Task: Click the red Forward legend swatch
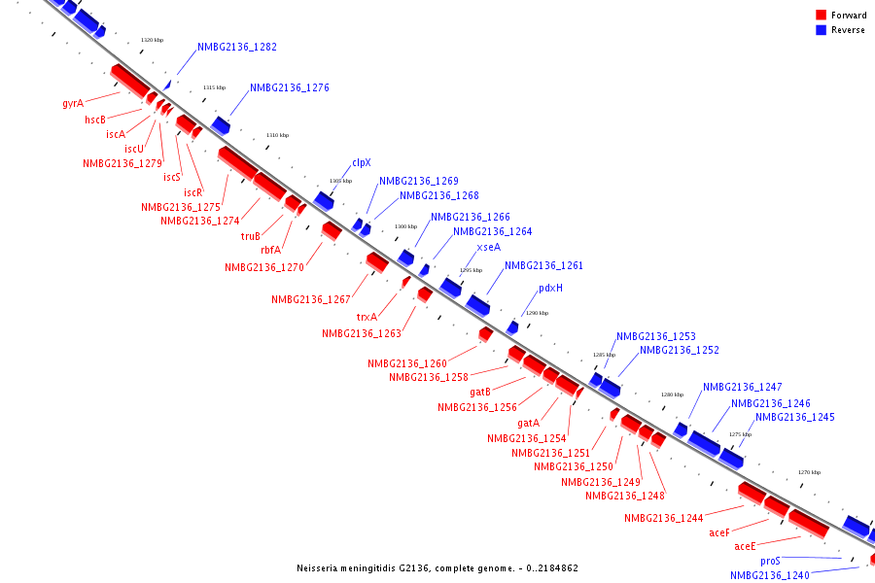(821, 16)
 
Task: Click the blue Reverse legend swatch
(821, 30)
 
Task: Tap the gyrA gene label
(73, 103)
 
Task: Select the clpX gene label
(362, 163)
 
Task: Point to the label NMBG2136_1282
(237, 47)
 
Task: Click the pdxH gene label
(550, 289)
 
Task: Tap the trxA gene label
(367, 317)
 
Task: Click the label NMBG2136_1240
(770, 575)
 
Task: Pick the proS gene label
(771, 561)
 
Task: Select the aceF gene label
(719, 532)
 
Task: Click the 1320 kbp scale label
(152, 40)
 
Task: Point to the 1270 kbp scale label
(809, 472)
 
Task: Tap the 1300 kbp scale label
(404, 226)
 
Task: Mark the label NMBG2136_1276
(290, 87)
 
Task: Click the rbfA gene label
(270, 250)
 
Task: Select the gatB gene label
(479, 392)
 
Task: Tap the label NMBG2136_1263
(362, 333)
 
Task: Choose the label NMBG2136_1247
(743, 387)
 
